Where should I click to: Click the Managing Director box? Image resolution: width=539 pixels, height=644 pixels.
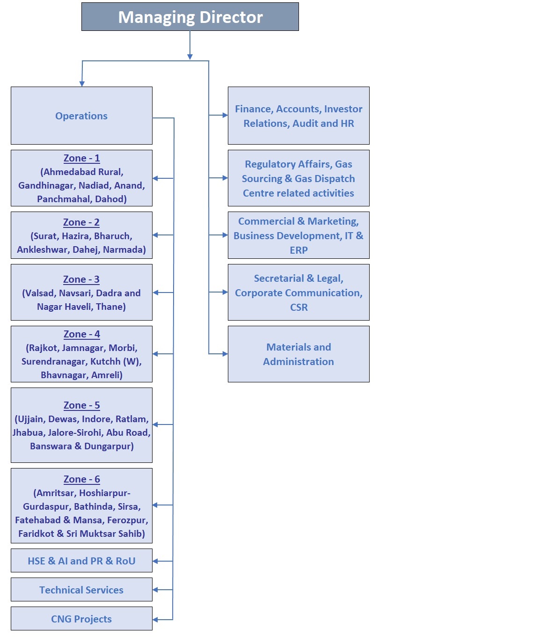pos(190,17)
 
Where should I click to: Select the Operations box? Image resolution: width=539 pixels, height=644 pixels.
pos(81,115)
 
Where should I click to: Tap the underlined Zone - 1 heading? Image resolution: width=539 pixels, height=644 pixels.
pos(81,158)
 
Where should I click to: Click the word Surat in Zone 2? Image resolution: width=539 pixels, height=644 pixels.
pos(45,236)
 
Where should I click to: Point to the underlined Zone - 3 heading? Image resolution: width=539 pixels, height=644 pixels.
pos(81,279)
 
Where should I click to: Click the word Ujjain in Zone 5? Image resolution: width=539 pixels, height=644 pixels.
pos(31,419)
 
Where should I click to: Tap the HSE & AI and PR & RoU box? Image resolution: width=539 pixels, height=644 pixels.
pos(81,560)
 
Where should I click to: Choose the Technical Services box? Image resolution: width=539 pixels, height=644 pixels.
pos(81,589)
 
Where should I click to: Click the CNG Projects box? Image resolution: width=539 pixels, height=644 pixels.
pos(81,618)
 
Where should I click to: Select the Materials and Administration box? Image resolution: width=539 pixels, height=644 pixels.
pos(299,354)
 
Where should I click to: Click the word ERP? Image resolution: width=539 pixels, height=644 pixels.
pos(299,250)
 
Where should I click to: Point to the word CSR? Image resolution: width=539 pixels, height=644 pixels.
pos(299,307)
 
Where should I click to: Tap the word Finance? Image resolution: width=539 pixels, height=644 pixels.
pos(254,109)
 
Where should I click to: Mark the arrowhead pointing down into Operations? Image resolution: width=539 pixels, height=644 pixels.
pos(82,84)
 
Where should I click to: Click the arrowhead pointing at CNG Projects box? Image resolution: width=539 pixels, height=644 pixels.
pos(155,619)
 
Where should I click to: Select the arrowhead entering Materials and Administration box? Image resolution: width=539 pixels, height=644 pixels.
pos(225,354)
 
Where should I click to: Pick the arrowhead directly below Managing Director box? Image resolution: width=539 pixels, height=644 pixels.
pos(190,57)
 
